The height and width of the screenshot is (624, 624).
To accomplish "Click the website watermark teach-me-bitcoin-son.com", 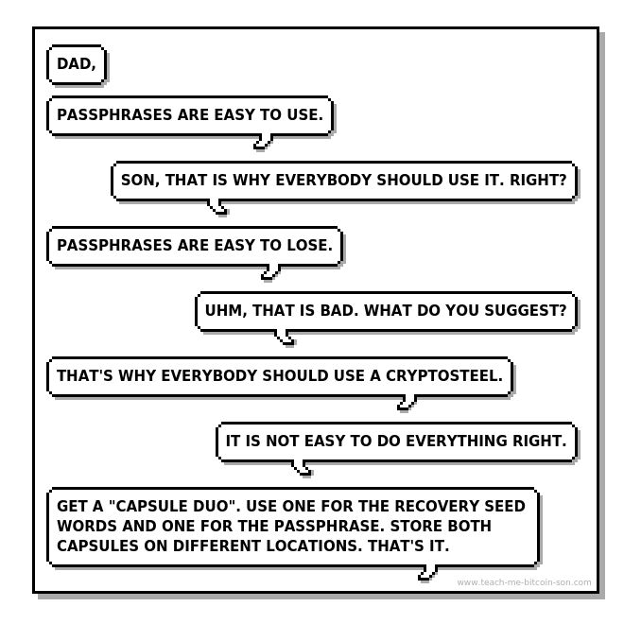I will (524, 582).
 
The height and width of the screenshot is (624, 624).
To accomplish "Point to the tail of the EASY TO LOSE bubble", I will (269, 273).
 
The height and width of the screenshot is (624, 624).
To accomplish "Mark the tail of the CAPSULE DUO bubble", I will (427, 574).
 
